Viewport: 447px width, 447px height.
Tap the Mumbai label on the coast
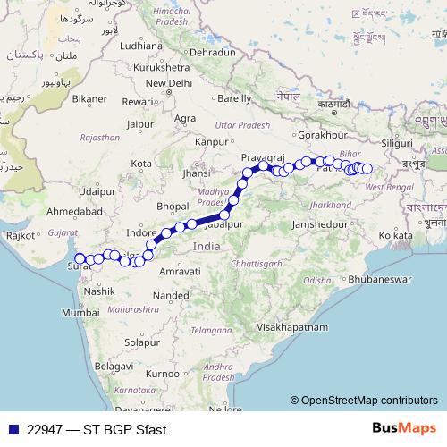pyautogui.click(x=81, y=313)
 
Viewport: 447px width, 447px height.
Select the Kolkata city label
pyautogui.click(x=396, y=235)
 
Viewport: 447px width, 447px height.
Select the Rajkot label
pyautogui.click(x=21, y=235)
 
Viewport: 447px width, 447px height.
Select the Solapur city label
pyautogui.click(x=141, y=342)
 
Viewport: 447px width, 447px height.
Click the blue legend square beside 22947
pyautogui.click(x=11, y=428)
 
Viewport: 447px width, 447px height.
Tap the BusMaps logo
pyautogui.click(x=405, y=428)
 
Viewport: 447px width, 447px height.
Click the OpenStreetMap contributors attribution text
pyautogui.click(x=368, y=400)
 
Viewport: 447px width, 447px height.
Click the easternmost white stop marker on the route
pyautogui.click(x=367, y=168)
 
